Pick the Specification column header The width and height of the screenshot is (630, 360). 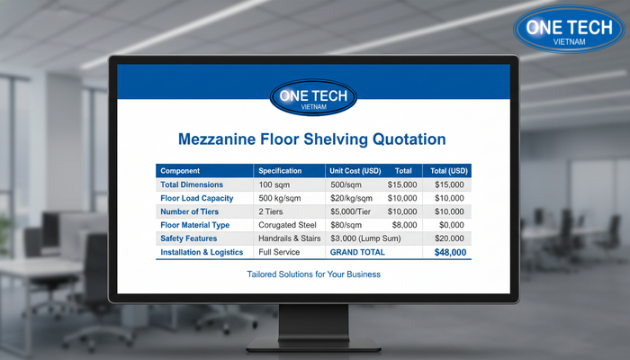pos(281,170)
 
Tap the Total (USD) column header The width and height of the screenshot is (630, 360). pos(449,170)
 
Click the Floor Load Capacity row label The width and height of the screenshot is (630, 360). pos(197,198)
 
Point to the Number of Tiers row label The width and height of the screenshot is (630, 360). pos(192,211)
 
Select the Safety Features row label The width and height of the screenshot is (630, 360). pos(189,238)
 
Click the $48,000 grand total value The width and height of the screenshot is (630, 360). pos(449,253)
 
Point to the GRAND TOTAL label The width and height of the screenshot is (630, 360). pos(357,253)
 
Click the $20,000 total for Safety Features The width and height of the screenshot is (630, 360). pos(449,238)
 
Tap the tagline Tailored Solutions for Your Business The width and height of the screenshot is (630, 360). pos(312,274)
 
